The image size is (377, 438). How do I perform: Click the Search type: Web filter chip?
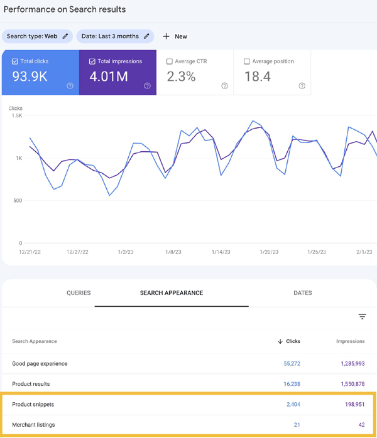tap(37, 36)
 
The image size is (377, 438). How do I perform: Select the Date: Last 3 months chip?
tap(115, 36)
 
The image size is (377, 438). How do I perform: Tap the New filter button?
tap(175, 36)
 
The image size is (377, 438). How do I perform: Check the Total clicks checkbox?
tap(15, 61)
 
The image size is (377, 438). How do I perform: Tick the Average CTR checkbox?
tap(170, 61)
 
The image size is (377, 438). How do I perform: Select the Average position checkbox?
tap(247, 61)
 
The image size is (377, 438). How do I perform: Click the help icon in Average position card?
tap(302, 86)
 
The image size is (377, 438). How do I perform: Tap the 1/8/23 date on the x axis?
tap(173, 252)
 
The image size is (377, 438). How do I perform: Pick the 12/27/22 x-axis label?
tap(79, 252)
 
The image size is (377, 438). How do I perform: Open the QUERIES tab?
tap(79, 293)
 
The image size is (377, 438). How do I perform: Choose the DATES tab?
tap(302, 293)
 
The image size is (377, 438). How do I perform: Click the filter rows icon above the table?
tap(362, 317)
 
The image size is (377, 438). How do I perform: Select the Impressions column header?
tap(350, 341)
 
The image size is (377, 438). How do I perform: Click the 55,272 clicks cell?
tap(288, 364)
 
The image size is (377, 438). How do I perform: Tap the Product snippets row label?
tap(33, 405)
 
